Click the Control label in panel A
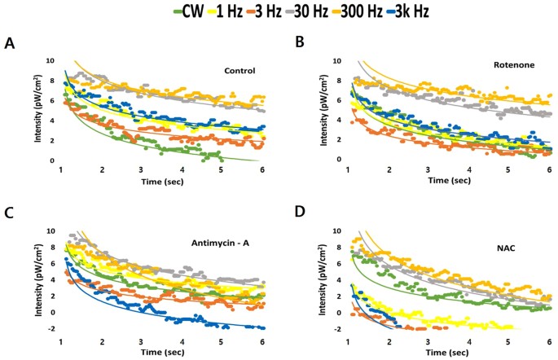(x=240, y=71)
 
